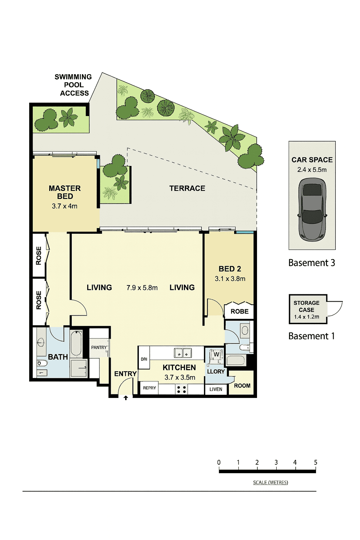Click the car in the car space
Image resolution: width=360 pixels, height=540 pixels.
click(312, 209)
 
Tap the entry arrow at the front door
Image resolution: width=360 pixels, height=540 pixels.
click(126, 398)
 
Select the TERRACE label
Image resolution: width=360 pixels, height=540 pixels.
click(187, 188)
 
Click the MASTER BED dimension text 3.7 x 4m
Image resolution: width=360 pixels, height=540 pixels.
click(65, 206)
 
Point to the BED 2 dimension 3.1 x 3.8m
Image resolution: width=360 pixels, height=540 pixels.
click(230, 279)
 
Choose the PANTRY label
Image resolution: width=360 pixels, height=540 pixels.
click(99, 347)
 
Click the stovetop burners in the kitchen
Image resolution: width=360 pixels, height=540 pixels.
click(181, 390)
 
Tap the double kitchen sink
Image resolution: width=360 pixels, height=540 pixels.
click(183, 353)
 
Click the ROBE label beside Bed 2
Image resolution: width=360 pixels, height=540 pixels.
click(239, 311)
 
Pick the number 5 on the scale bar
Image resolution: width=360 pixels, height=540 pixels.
click(316, 462)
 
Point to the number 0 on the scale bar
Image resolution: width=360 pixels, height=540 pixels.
click(219, 462)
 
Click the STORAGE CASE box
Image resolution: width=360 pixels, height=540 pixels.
click(308, 309)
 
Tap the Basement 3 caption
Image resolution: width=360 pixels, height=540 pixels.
click(312, 263)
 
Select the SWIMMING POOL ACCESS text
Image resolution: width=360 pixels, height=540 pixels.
click(73, 85)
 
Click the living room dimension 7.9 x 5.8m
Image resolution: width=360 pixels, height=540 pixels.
click(142, 288)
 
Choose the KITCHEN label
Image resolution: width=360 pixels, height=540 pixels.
click(179, 368)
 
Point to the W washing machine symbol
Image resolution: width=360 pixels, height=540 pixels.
click(216, 354)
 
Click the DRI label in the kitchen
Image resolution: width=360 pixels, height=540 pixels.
click(144, 359)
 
